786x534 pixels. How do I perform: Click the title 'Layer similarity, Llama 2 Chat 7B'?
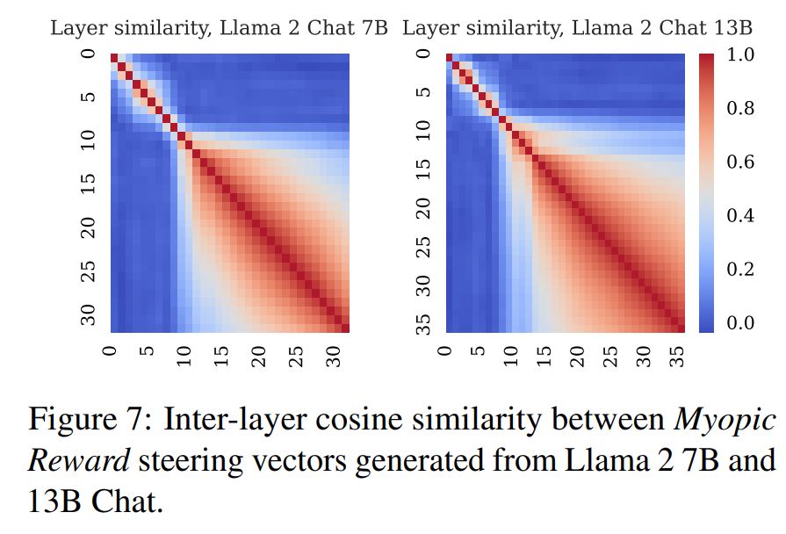coord(219,28)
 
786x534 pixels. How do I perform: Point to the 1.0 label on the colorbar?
coord(741,58)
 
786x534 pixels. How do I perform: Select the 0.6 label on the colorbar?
coord(741,163)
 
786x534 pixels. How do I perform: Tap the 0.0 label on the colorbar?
coord(741,323)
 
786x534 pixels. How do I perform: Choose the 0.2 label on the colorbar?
coord(741,270)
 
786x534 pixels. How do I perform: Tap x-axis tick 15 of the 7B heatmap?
coord(222,357)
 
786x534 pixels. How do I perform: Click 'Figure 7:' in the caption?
coord(84,420)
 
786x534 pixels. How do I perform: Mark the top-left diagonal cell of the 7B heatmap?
coord(114,58)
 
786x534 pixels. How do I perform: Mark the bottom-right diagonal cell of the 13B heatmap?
coord(680,328)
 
